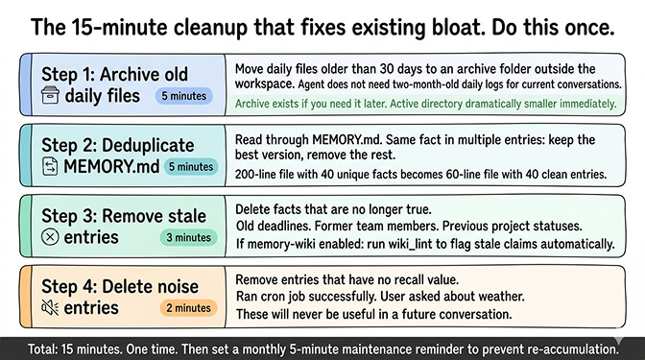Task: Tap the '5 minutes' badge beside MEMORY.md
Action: click(x=190, y=166)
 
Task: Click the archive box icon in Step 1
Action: click(x=51, y=96)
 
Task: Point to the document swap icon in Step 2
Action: click(x=51, y=166)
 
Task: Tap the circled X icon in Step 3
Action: click(x=51, y=237)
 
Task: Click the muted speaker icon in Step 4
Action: click(x=51, y=307)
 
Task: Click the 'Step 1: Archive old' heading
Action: click(x=114, y=74)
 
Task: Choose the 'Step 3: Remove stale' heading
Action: click(x=120, y=215)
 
